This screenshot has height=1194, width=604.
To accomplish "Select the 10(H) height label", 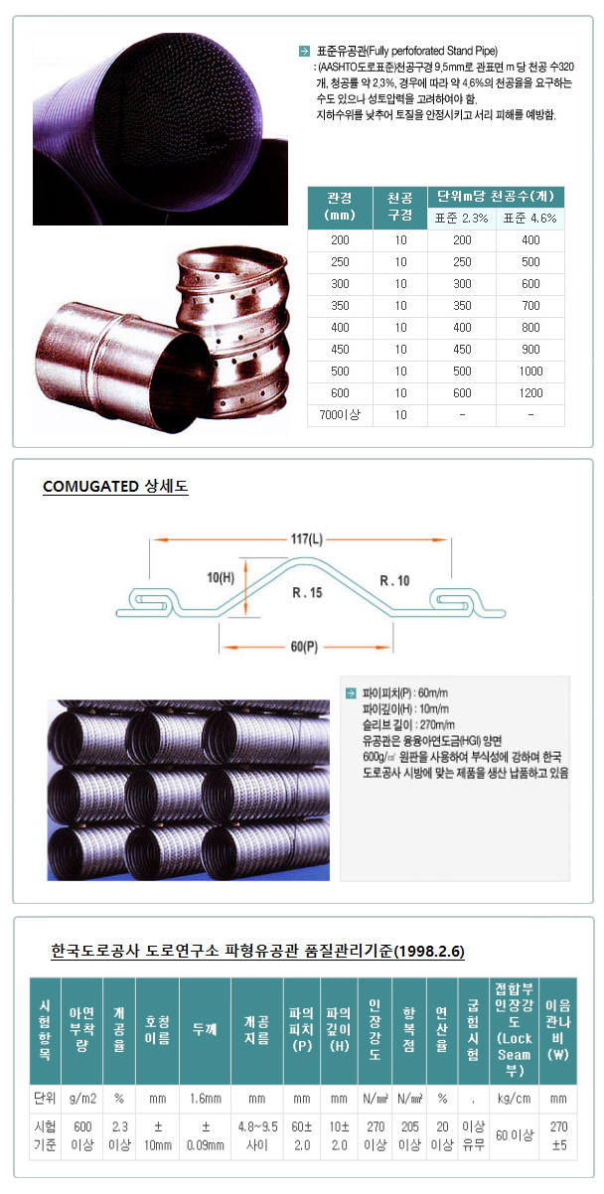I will [222, 576].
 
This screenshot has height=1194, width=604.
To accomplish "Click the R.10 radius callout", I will [395, 579].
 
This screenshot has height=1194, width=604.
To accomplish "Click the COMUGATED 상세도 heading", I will [115, 487].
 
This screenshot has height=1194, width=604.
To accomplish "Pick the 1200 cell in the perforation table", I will [530, 392].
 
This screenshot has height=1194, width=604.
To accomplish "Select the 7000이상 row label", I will [340, 414].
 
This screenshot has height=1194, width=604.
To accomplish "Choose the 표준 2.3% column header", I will [461, 219].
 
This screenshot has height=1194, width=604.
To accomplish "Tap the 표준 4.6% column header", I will [530, 219].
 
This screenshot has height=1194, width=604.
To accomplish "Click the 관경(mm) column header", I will [340, 207].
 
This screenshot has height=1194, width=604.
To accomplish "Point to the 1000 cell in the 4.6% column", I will [530, 371].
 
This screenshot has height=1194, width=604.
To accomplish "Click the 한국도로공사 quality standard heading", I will [257, 952].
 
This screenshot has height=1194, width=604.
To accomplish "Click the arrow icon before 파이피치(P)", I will [350, 693].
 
